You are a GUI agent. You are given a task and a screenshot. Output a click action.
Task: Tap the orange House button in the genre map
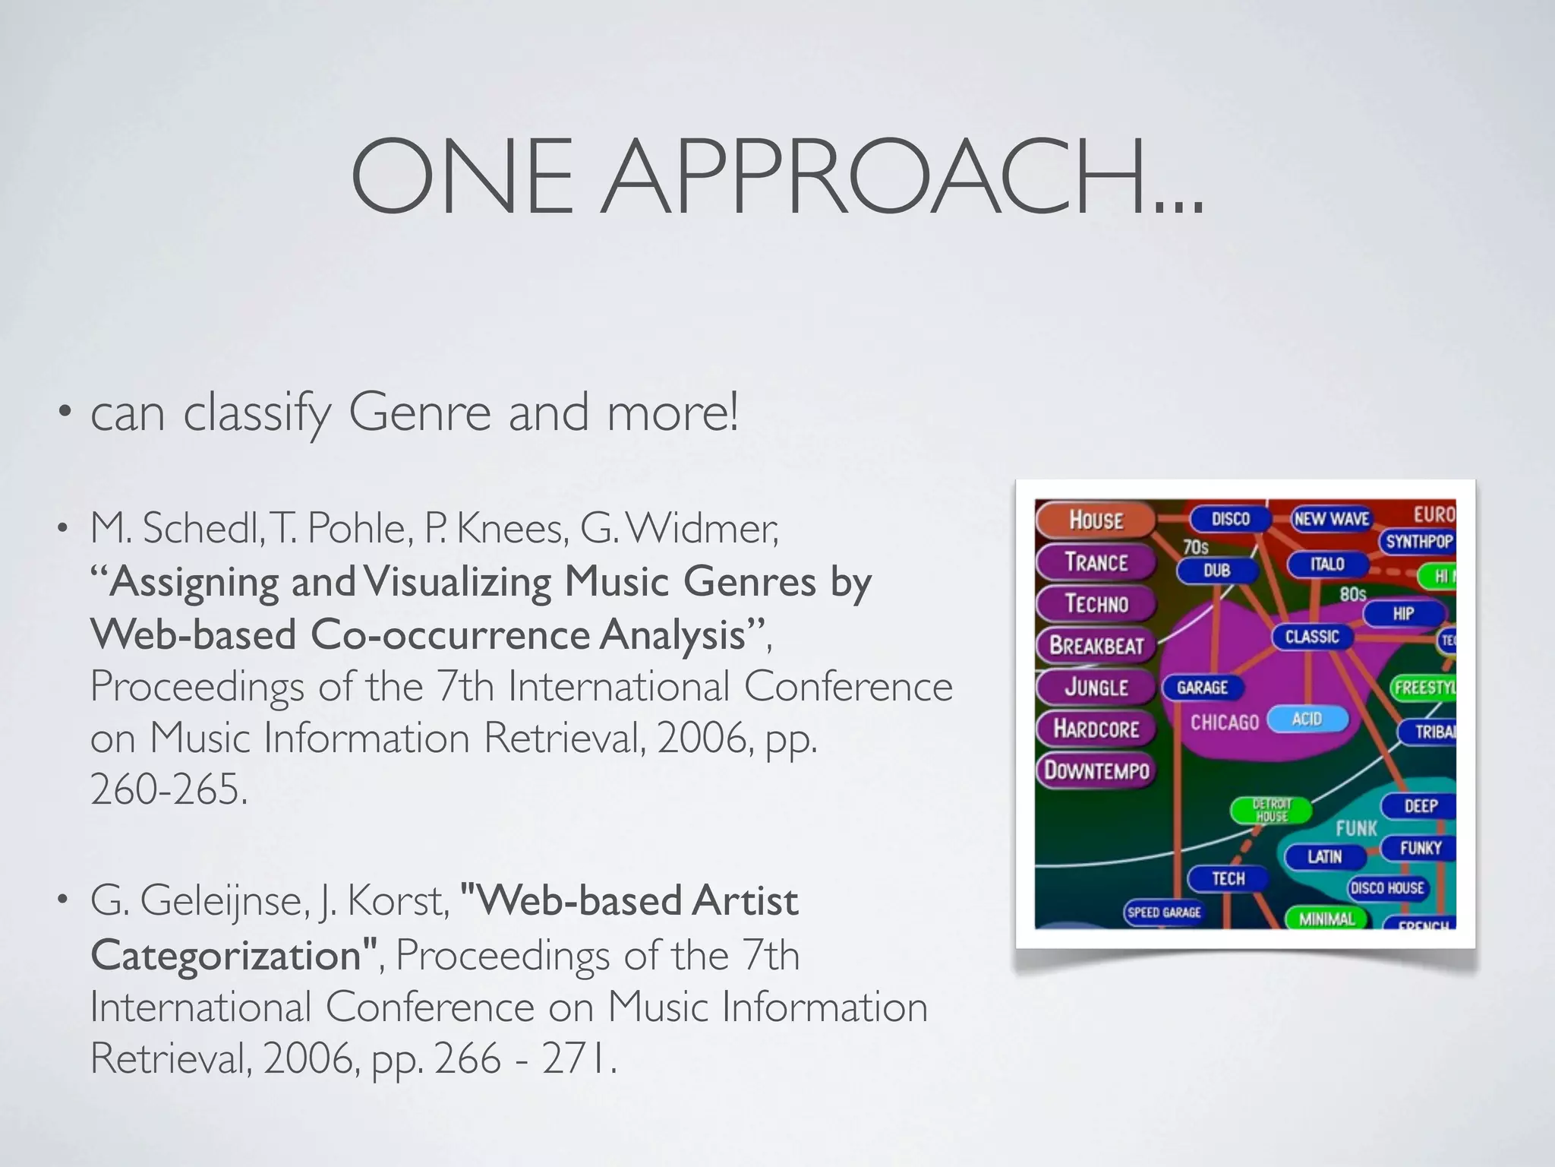pyautogui.click(x=1096, y=520)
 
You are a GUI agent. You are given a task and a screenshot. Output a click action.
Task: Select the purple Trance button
pyautogui.click(x=1096, y=562)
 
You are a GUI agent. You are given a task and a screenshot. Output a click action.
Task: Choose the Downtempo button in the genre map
pyautogui.click(x=1096, y=770)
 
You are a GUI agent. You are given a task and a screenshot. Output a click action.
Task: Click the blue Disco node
pyautogui.click(x=1230, y=519)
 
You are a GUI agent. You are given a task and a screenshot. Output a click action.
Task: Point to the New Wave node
pyautogui.click(x=1331, y=519)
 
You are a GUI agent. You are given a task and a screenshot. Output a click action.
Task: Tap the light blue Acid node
pyautogui.click(x=1307, y=719)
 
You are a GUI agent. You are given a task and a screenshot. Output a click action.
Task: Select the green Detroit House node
pyautogui.click(x=1272, y=810)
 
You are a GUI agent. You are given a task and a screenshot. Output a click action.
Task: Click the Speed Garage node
pyautogui.click(x=1164, y=912)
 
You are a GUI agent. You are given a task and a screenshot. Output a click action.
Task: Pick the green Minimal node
pyautogui.click(x=1326, y=919)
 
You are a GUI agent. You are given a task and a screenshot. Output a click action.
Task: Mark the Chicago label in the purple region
pyautogui.click(x=1224, y=722)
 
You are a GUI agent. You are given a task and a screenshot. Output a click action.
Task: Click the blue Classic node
pyautogui.click(x=1311, y=637)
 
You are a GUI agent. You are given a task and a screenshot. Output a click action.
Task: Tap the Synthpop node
pyautogui.click(x=1418, y=542)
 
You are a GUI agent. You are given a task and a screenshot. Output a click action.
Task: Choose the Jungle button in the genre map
pyautogui.click(x=1096, y=687)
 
